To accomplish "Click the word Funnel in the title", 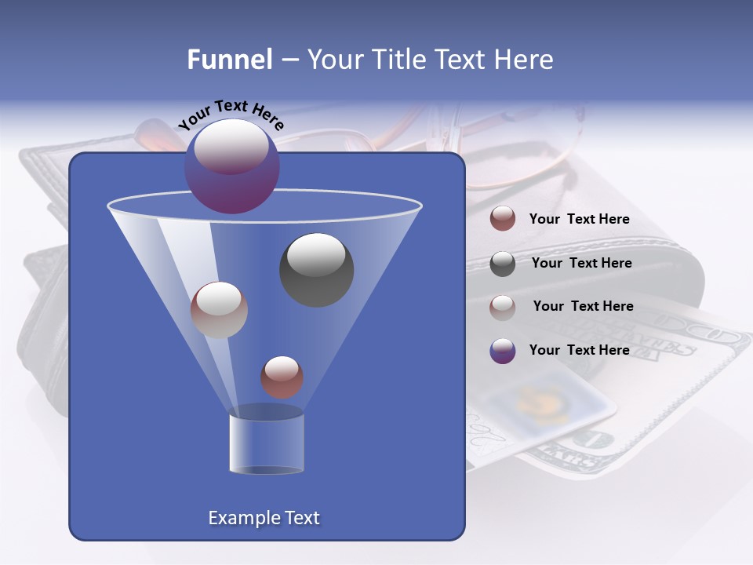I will coord(229,60).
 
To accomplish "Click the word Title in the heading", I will coord(398,60).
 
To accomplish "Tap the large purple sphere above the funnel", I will coord(232,166).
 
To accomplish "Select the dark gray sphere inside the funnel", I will coord(316,269).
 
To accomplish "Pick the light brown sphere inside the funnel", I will coord(219,310).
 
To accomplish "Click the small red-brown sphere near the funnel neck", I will coord(282,377).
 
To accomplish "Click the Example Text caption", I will coord(264,518).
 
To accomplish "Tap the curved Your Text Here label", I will coord(231,115).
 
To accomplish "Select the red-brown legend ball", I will coord(503,219).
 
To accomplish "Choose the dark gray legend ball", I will coord(503,263).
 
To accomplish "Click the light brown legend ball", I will coord(503,307).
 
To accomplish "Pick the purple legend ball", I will coord(503,351).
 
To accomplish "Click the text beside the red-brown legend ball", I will coord(579,220).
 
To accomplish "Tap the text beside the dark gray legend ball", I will coord(581,263).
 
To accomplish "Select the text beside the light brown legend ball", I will coord(583,306).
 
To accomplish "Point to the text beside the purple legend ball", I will coord(579,350).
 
